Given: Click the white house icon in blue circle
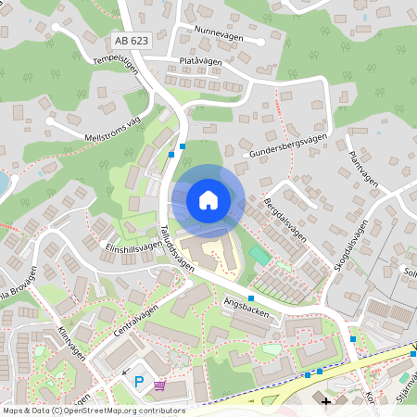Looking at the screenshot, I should tap(208, 199).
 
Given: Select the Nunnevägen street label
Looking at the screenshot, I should tap(218, 31).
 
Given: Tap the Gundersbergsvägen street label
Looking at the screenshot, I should tap(289, 144).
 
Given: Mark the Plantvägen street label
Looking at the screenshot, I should tap(362, 170).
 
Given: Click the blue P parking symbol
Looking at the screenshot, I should tap(140, 380).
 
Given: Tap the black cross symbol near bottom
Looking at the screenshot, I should tap(325, 401).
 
